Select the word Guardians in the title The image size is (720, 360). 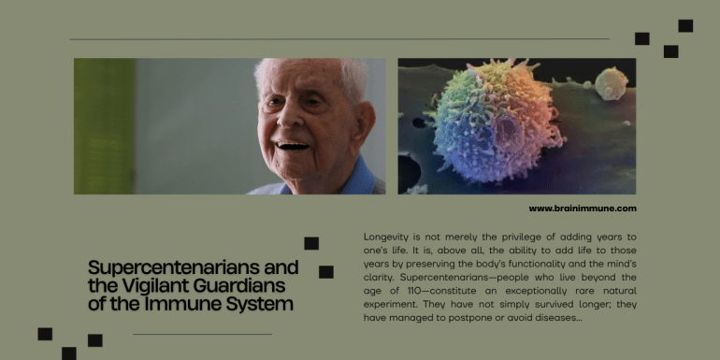(x=238, y=286)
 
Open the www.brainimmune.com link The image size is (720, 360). (x=583, y=209)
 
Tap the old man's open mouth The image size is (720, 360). (x=293, y=146)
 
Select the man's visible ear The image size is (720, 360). (x=363, y=123)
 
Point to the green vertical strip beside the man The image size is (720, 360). (x=105, y=126)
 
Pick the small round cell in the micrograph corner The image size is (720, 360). (x=612, y=83)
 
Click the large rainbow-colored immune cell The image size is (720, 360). (x=497, y=121)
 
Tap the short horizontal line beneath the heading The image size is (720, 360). (x=203, y=335)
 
